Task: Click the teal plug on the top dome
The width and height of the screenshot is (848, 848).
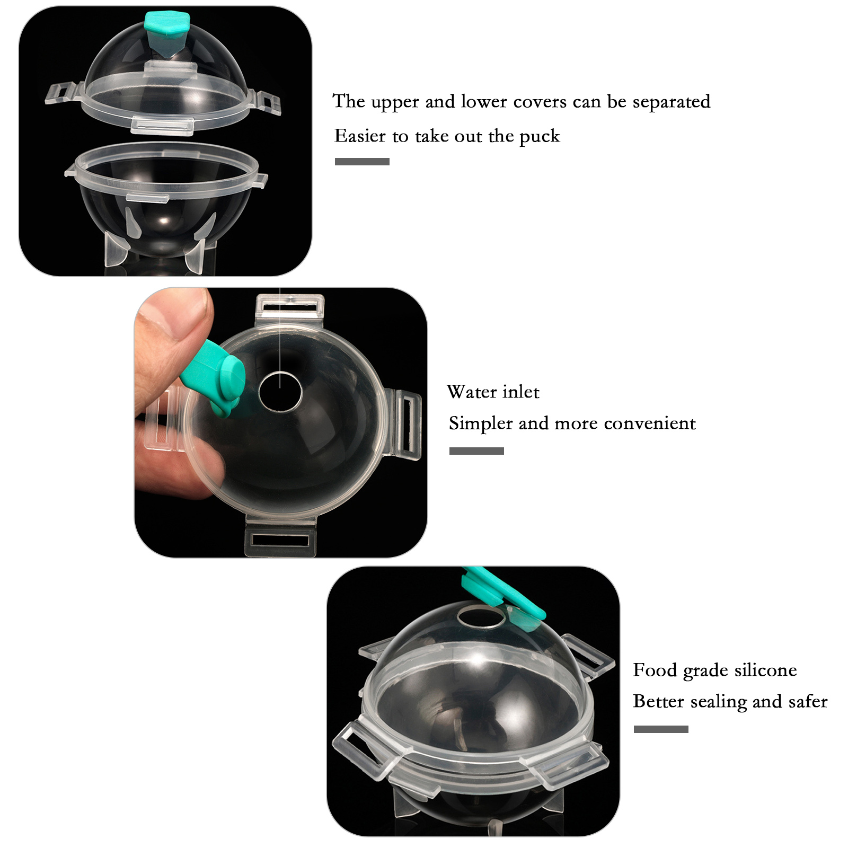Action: pyautogui.click(x=166, y=33)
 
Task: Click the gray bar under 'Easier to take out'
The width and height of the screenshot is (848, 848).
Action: pyautogui.click(x=362, y=162)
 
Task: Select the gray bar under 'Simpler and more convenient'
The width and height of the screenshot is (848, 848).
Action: pyautogui.click(x=476, y=451)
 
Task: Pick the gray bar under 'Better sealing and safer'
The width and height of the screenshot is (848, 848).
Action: pyautogui.click(x=661, y=729)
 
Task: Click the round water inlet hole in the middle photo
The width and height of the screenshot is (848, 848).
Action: pyautogui.click(x=280, y=392)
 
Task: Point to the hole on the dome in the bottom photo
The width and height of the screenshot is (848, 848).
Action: pyautogui.click(x=481, y=616)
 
